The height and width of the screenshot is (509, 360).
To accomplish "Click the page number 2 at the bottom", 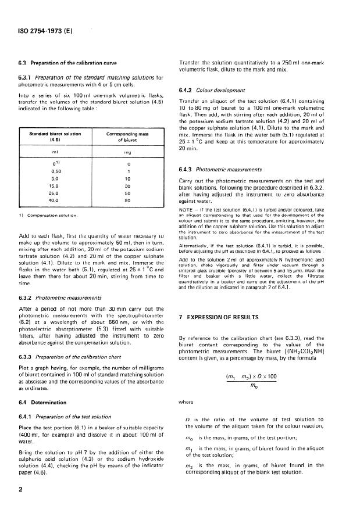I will (20, 489).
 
